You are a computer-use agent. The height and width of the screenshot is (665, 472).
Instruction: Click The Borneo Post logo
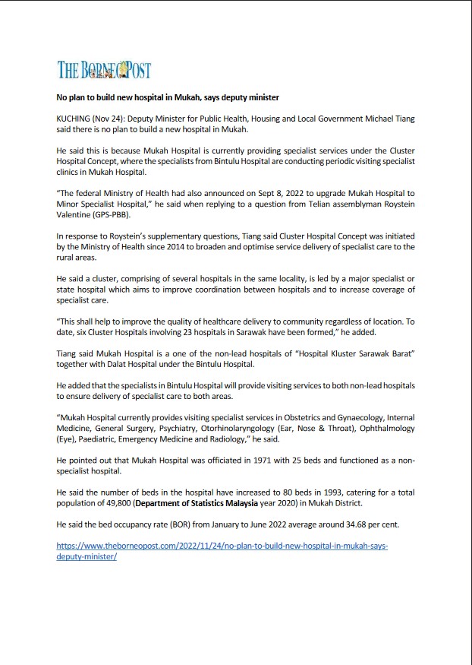105,70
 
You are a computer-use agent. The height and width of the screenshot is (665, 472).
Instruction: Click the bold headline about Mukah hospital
168,98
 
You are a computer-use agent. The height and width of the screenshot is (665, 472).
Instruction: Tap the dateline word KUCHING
74,119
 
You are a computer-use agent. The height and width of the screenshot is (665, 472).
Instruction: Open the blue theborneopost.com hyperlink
222,546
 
